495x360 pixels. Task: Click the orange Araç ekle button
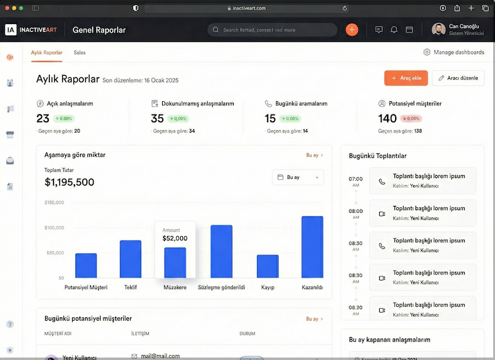pyautogui.click(x=406, y=78)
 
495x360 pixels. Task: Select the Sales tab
pyautogui.click(x=80, y=52)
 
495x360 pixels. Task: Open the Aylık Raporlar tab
pyautogui.click(x=47, y=52)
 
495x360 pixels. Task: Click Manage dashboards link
pyautogui.click(x=454, y=52)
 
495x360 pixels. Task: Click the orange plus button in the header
pyautogui.click(x=351, y=30)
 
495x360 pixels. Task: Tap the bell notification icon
pyautogui.click(x=394, y=30)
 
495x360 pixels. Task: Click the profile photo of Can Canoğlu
pyautogui.click(x=438, y=30)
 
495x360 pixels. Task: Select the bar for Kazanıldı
pyautogui.click(x=312, y=247)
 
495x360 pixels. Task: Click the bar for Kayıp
pyautogui.click(x=268, y=266)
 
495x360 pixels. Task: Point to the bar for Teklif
pyautogui.click(x=131, y=259)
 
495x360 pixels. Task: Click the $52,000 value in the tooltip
pyautogui.click(x=175, y=239)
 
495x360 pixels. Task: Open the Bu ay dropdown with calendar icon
pyautogui.click(x=298, y=177)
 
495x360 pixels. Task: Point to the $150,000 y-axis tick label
pyautogui.click(x=54, y=202)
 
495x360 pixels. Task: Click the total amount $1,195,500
pyautogui.click(x=70, y=182)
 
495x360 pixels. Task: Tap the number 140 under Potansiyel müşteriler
pyautogui.click(x=387, y=118)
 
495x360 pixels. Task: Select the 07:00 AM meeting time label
pyautogui.click(x=356, y=181)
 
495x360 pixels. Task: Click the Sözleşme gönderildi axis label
pyautogui.click(x=221, y=287)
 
